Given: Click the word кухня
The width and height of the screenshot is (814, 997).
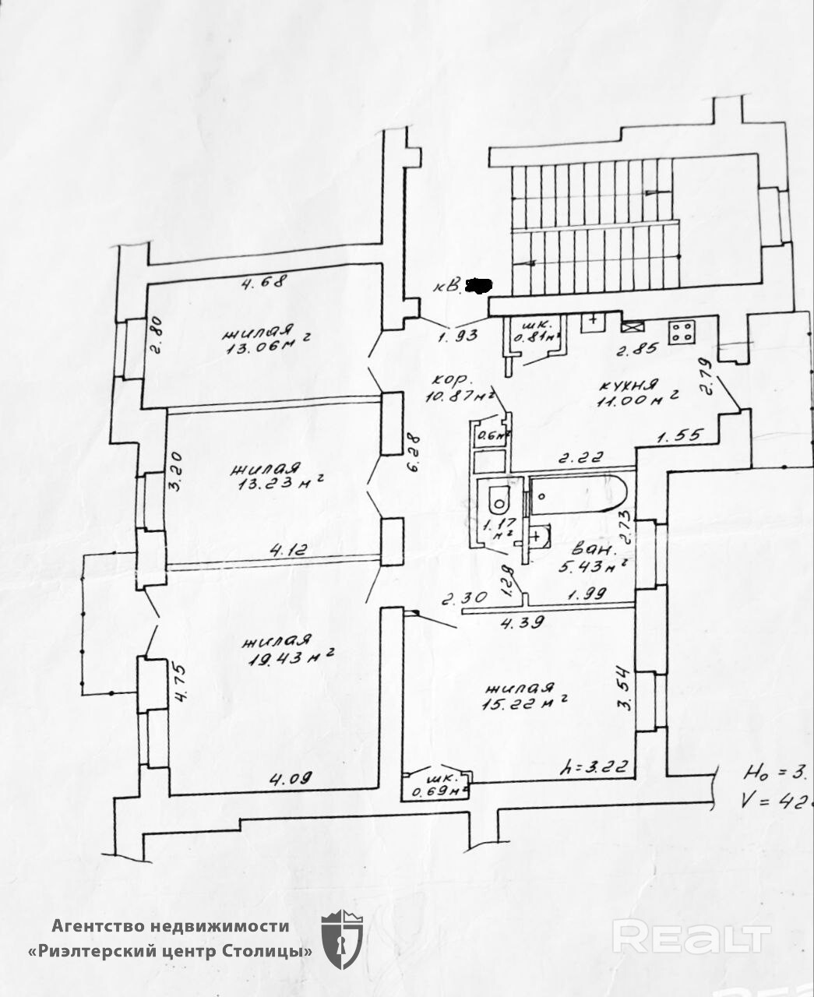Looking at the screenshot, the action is click(x=629, y=384).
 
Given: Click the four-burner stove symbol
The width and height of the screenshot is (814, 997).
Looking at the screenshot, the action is click(x=682, y=333).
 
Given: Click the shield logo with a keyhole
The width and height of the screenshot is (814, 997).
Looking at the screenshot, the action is click(x=342, y=939).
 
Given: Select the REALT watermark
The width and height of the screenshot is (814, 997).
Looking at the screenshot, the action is click(x=691, y=936).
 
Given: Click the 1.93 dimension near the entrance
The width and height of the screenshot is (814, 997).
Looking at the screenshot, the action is click(x=456, y=336).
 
